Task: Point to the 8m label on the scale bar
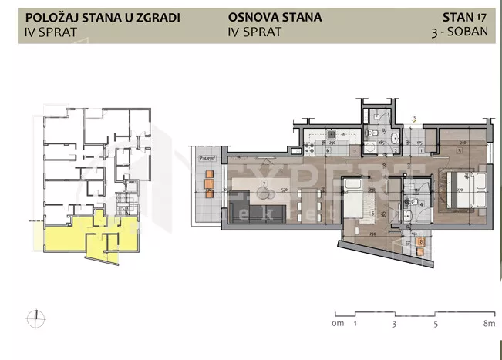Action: pos(487,325)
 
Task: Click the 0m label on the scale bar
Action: pos(337,325)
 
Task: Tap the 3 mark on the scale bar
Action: pos(394,325)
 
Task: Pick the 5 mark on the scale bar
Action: pos(436,325)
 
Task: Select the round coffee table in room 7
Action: pos(264,184)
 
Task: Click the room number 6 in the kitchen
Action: pos(328,151)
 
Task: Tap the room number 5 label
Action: pos(371,214)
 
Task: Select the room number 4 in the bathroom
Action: pos(413,204)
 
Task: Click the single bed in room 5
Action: pos(357,203)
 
